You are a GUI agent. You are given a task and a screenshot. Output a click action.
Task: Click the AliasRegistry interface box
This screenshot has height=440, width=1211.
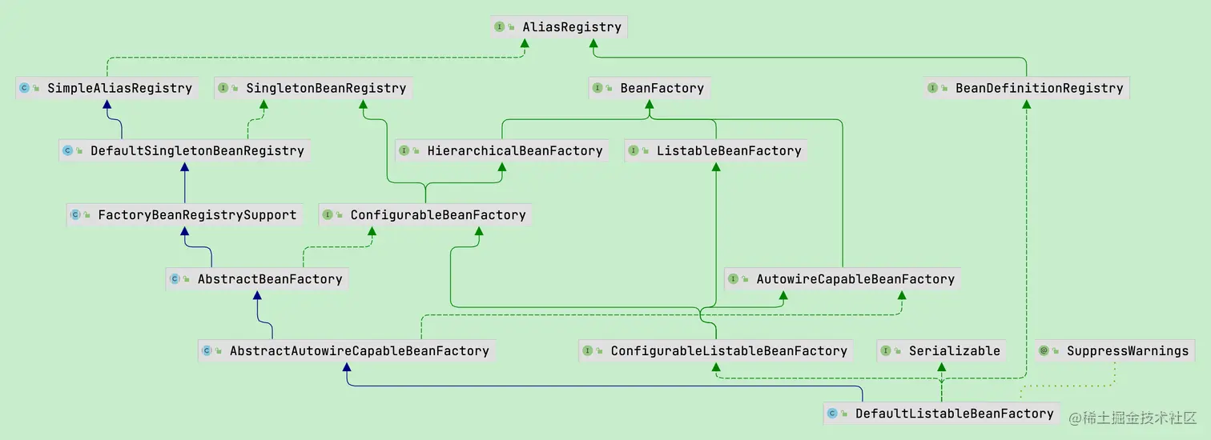click(558, 26)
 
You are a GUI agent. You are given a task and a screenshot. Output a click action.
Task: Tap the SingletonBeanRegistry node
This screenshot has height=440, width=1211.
click(313, 88)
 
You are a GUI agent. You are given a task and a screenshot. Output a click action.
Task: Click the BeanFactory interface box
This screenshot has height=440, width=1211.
click(650, 88)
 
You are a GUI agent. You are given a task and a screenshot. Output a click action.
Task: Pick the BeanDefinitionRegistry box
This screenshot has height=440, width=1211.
click(1026, 88)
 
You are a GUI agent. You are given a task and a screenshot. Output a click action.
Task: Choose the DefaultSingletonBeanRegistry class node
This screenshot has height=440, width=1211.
click(184, 150)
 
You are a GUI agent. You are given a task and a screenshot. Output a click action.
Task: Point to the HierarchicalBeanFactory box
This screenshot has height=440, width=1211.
click(502, 150)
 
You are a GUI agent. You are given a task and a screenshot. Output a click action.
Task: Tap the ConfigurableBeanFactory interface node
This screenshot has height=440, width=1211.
click(425, 214)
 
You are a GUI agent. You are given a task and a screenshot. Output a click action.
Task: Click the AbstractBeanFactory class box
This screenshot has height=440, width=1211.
click(258, 279)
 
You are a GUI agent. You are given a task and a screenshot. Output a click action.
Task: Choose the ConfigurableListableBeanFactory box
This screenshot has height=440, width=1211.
click(716, 350)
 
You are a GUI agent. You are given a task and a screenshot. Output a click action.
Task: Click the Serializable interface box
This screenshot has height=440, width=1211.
click(942, 350)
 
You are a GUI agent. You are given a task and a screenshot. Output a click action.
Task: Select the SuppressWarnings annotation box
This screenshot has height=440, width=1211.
click(1115, 350)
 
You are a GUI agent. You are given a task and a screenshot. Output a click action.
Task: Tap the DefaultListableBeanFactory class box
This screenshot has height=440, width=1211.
click(942, 414)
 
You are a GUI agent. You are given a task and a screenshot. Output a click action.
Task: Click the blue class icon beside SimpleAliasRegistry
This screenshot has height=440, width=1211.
click(24, 88)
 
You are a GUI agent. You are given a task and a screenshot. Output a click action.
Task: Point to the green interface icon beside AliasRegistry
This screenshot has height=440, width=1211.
click(500, 26)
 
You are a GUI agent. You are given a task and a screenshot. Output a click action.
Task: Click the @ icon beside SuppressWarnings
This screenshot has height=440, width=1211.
click(1044, 350)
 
